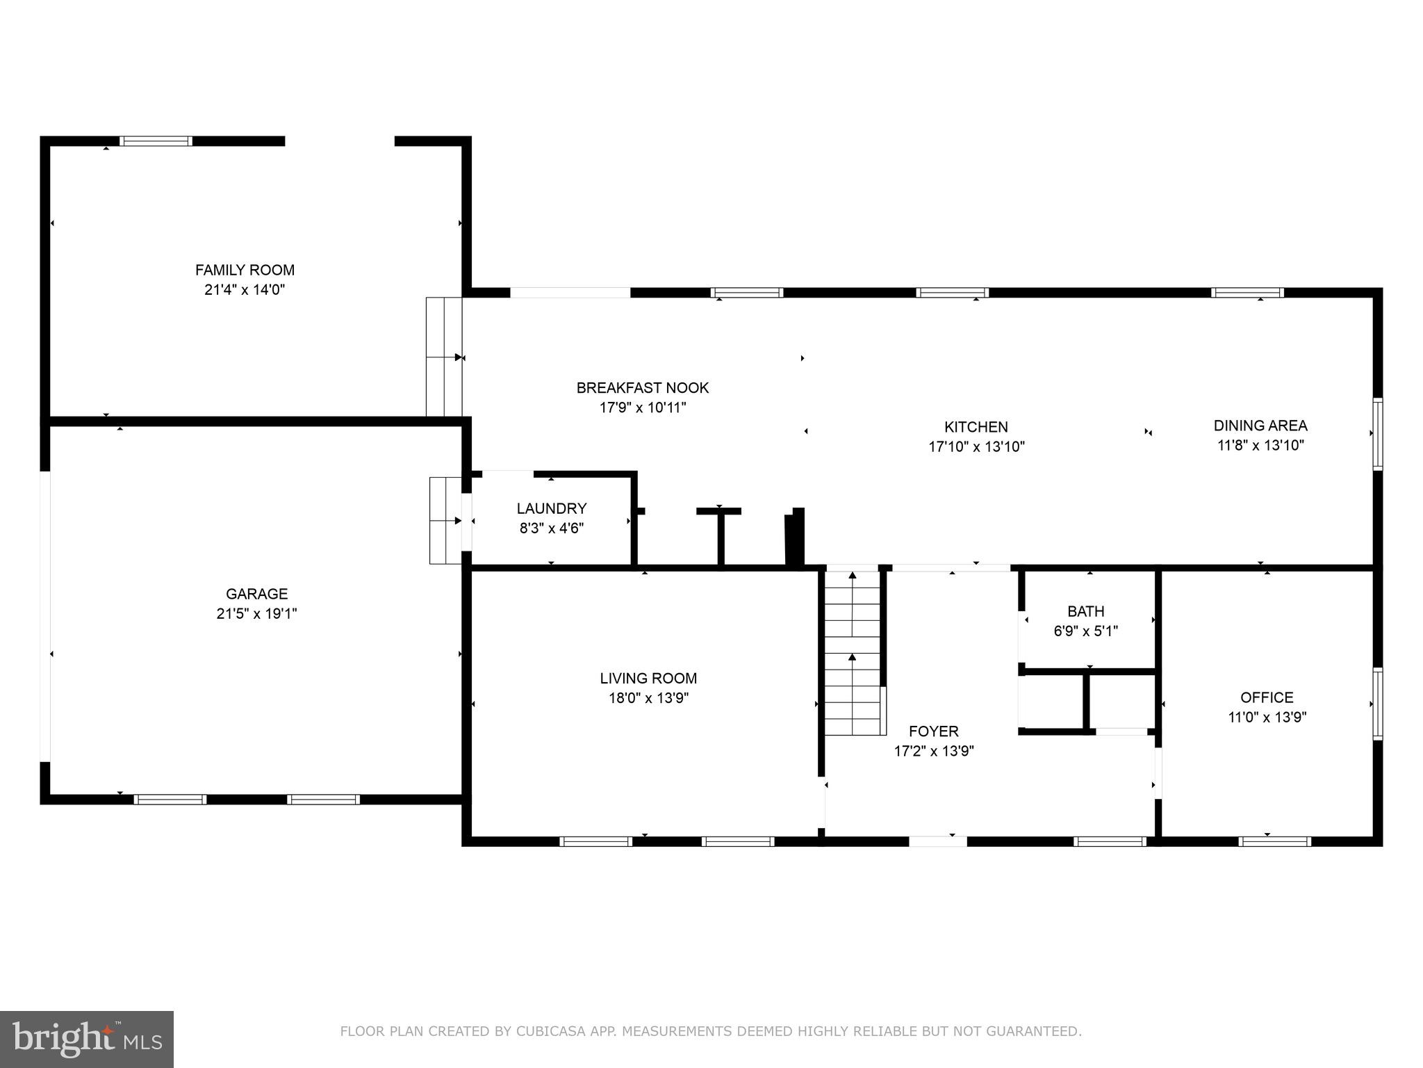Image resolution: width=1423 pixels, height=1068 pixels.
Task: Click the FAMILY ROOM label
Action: [x=245, y=270]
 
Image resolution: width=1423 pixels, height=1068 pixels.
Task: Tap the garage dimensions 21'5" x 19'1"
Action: [x=256, y=613]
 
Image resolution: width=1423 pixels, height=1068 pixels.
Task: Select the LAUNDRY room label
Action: [x=552, y=508]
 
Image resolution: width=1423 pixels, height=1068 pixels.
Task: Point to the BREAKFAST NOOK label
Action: [x=643, y=388]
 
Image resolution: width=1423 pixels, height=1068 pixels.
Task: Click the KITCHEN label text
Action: [x=976, y=427]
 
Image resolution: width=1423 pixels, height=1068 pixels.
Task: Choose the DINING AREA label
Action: [x=1260, y=426]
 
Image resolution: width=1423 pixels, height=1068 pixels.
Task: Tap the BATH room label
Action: [x=1085, y=611]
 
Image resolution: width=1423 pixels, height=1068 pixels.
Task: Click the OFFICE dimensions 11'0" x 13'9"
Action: [x=1267, y=717]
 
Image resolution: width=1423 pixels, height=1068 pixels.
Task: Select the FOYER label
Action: [x=934, y=731]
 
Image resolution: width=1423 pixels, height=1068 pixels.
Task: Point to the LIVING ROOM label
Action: [x=648, y=678]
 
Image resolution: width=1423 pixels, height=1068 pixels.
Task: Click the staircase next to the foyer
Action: [x=853, y=654]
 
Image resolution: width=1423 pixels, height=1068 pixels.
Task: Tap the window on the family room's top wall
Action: [x=156, y=141]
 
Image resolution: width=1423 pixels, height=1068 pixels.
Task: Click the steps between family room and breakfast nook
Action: [x=443, y=357]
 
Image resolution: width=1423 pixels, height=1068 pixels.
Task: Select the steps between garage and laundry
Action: [x=445, y=520]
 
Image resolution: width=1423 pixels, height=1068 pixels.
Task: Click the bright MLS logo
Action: [x=87, y=1039]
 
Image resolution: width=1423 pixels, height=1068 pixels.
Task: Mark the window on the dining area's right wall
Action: [x=1377, y=433]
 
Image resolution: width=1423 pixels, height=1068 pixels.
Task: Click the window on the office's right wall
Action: [x=1377, y=704]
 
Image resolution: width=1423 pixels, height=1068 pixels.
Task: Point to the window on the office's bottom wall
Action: [x=1274, y=841]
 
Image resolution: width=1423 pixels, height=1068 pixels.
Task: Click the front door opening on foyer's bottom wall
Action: [x=937, y=841]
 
